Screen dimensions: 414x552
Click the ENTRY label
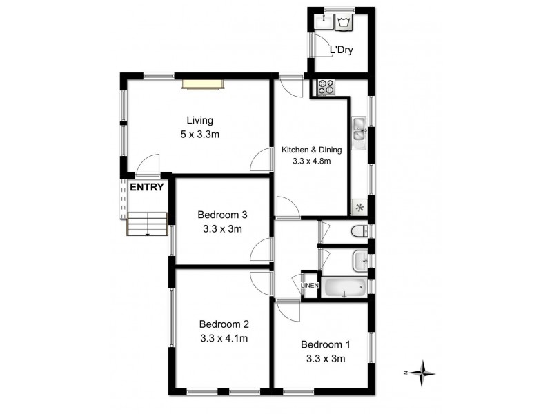147,187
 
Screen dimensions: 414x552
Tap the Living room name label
199,120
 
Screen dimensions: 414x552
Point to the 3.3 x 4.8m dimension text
311,162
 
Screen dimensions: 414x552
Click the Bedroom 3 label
222,215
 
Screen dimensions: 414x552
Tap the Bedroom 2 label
224,324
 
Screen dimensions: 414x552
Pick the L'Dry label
342,50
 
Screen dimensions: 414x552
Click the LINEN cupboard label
310,286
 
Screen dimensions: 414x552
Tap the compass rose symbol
422,373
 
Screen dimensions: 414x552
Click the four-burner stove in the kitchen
326,88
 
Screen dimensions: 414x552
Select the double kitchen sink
359,132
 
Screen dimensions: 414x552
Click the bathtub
345,288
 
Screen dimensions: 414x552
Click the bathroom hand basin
361,261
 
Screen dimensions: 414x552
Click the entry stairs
148,224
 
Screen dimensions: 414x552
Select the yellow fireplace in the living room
204,84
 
